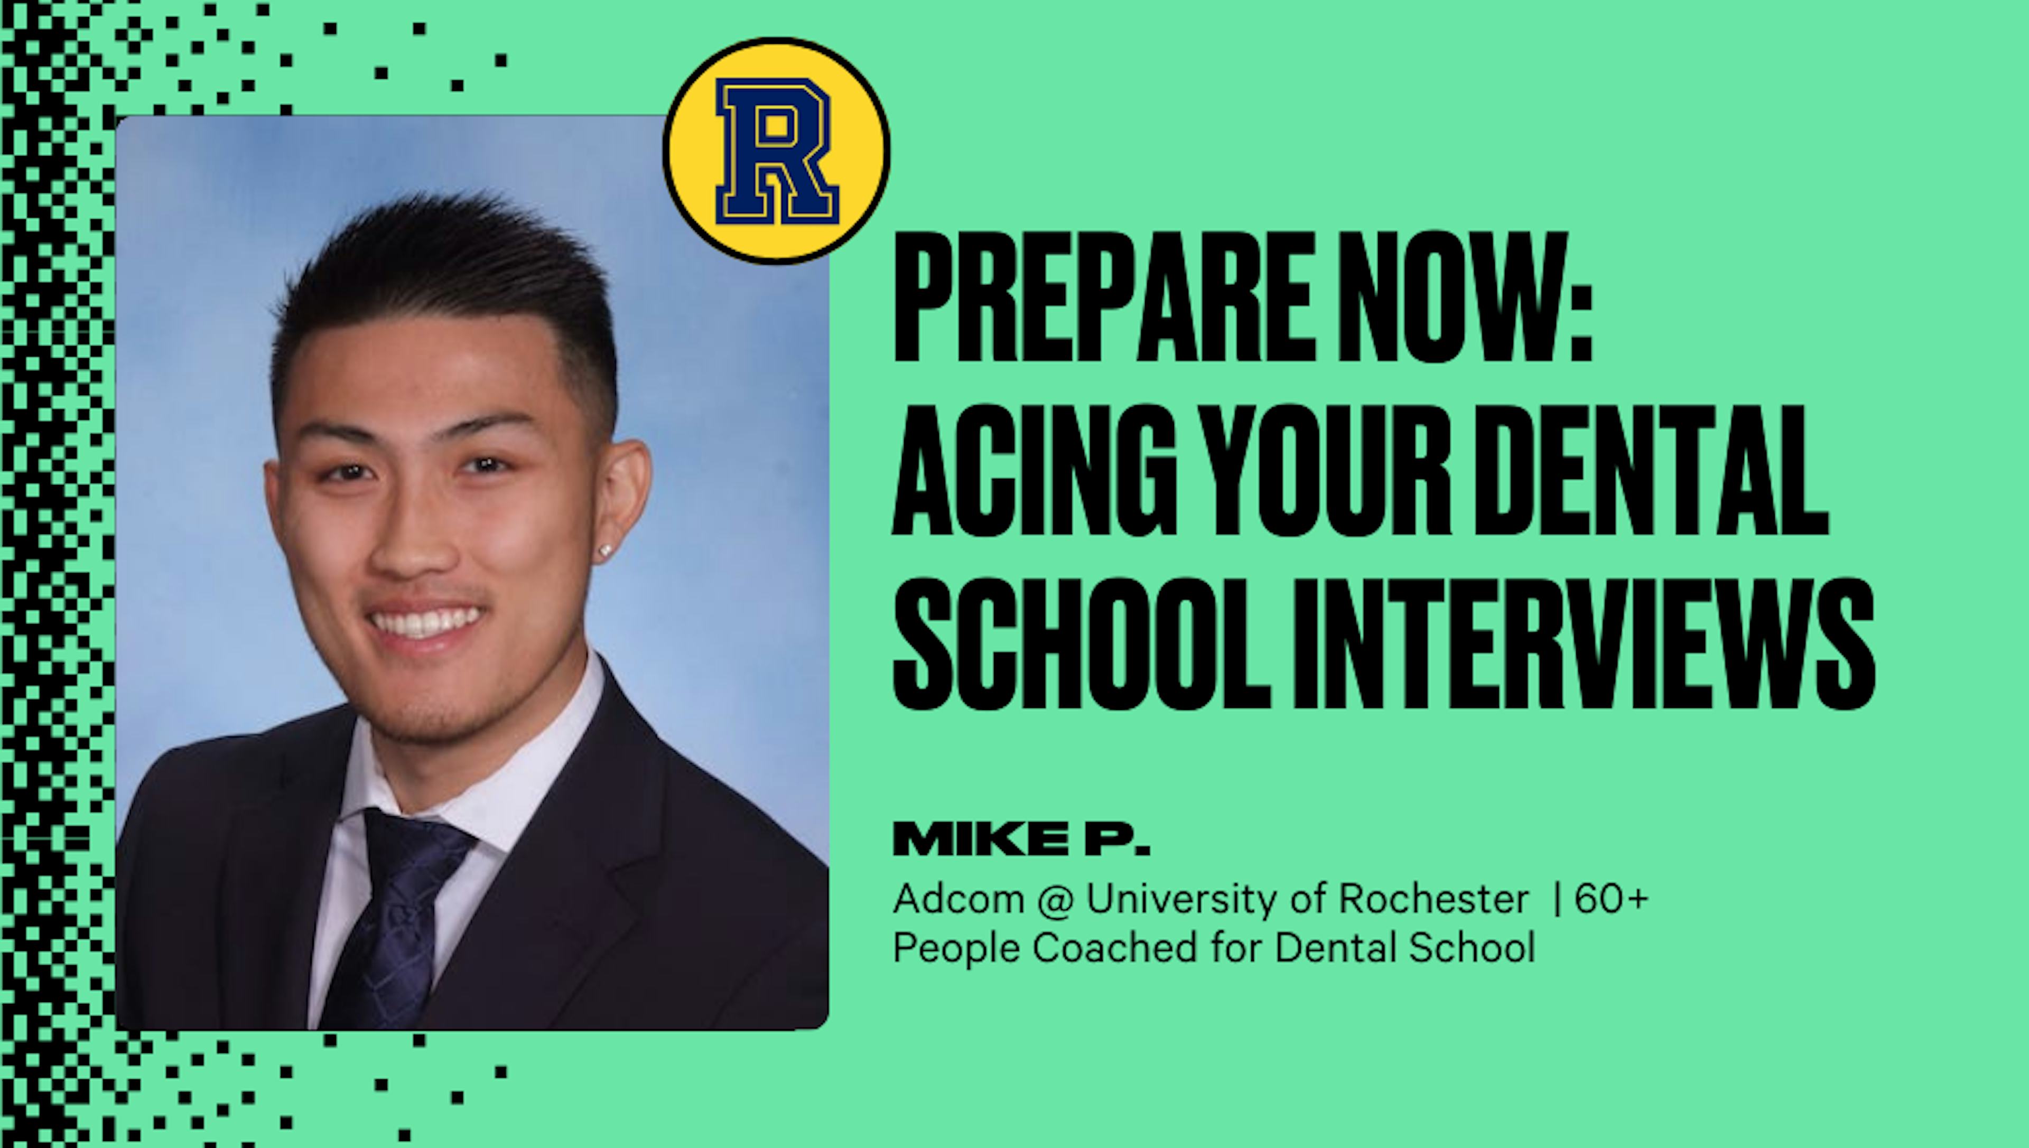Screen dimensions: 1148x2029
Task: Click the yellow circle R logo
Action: pyautogui.click(x=777, y=150)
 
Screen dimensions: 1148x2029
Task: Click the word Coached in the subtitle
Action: pyautogui.click(x=1115, y=947)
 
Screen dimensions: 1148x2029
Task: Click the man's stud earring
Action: pyautogui.click(x=606, y=551)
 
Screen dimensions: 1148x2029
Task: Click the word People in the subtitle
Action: pyautogui.click(x=956, y=947)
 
